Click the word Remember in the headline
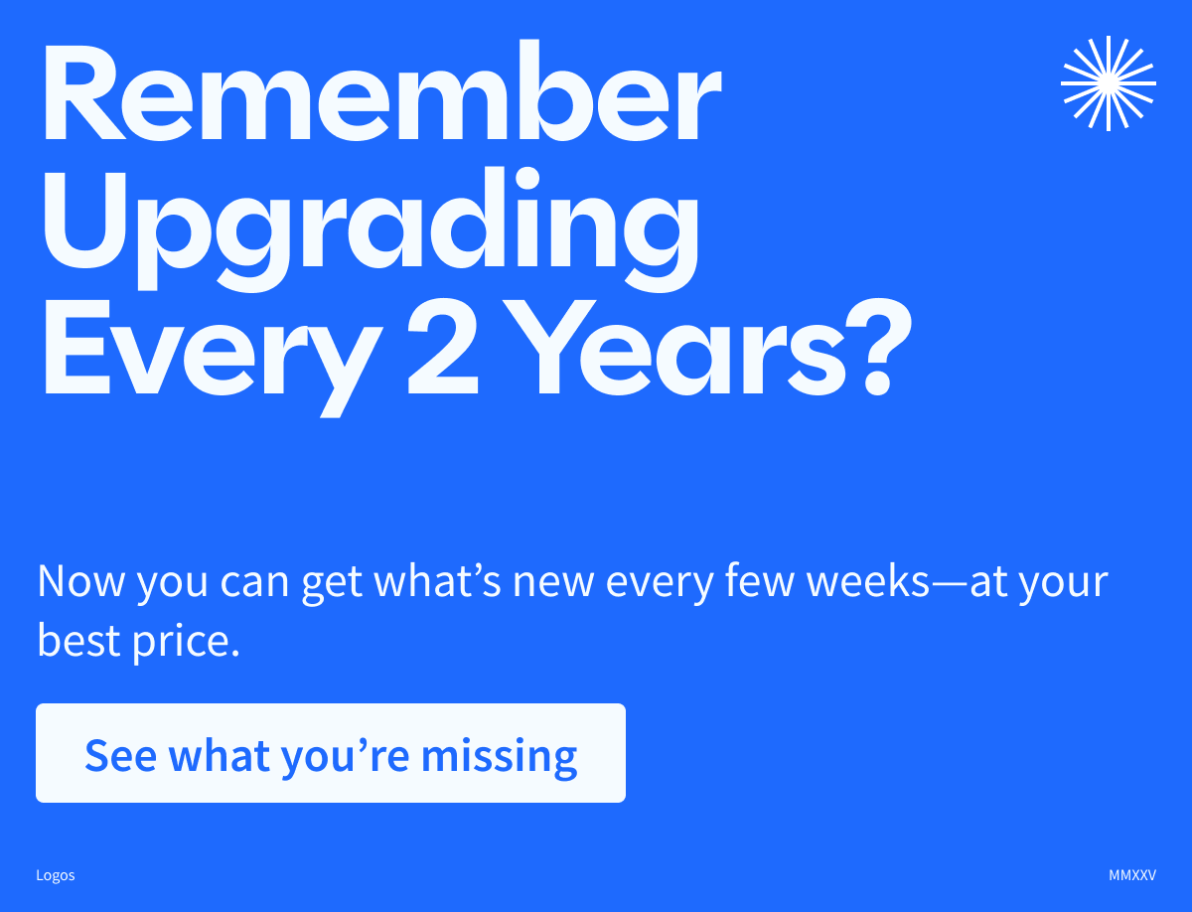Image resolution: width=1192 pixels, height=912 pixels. click(x=380, y=95)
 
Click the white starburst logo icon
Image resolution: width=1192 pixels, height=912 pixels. click(x=1108, y=82)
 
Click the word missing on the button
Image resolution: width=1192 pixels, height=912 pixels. click(x=499, y=755)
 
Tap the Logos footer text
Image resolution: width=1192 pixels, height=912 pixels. click(x=56, y=875)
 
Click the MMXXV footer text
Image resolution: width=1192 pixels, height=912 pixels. click(x=1132, y=875)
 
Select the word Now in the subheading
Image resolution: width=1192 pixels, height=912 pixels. click(x=81, y=581)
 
